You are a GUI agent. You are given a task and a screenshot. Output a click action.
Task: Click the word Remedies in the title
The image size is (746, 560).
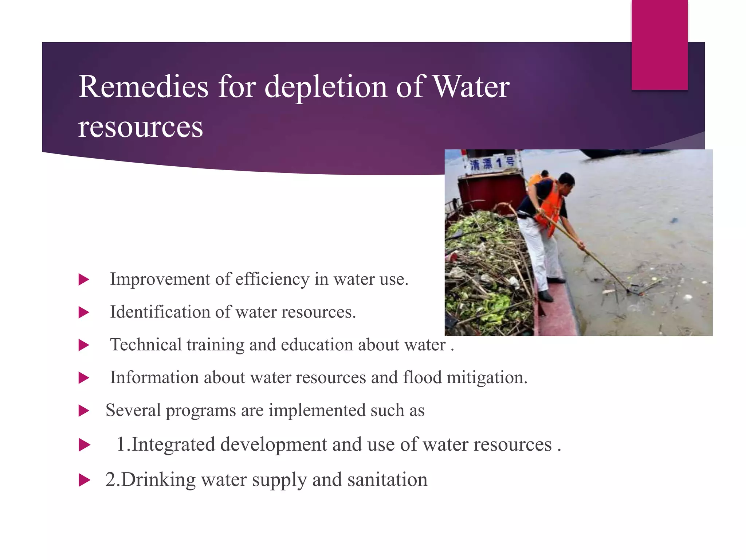click(143, 87)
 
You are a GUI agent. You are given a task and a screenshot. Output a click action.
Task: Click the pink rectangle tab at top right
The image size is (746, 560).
click(659, 44)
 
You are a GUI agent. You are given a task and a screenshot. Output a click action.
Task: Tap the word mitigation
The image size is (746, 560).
click(487, 378)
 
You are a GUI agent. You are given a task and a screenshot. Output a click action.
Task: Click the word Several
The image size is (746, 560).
click(133, 411)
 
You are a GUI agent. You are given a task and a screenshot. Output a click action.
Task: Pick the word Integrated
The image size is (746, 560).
click(173, 444)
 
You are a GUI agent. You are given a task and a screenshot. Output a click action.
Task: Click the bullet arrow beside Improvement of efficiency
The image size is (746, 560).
click(84, 280)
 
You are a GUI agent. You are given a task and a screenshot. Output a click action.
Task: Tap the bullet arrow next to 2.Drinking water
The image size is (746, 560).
click(84, 480)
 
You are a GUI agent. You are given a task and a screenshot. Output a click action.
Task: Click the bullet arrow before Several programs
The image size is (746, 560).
click(84, 411)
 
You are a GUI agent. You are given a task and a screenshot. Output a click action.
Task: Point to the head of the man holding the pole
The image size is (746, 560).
click(566, 180)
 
